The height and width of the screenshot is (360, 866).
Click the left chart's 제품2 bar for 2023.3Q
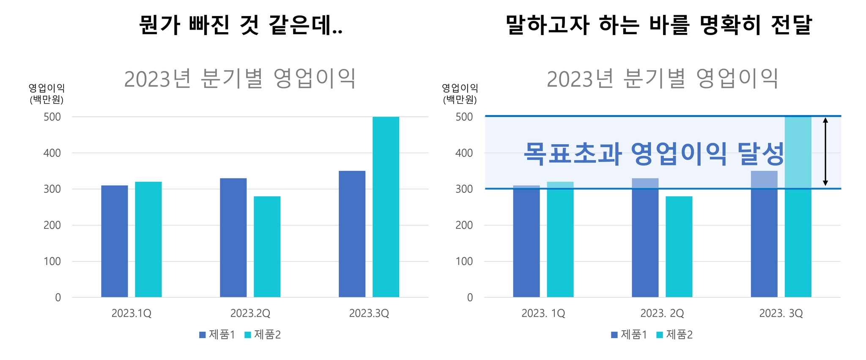pyautogui.click(x=386, y=207)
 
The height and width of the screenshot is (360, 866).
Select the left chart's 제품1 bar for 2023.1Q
pyautogui.click(x=115, y=241)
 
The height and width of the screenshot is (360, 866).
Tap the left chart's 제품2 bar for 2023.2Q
pyautogui.click(x=267, y=247)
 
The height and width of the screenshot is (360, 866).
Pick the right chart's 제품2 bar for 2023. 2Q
pyautogui.click(x=679, y=247)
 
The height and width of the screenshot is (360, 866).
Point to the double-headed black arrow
pyautogui.click(x=825, y=152)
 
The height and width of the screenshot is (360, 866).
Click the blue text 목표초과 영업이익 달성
pyautogui.click(x=654, y=153)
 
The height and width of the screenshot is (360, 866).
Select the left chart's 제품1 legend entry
pyautogui.click(x=217, y=335)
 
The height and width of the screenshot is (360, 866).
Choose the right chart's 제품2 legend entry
pyautogui.click(x=674, y=335)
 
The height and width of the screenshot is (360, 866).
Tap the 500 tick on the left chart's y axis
pyautogui.click(x=52, y=117)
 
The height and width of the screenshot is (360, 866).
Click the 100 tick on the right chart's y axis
pyautogui.click(x=464, y=261)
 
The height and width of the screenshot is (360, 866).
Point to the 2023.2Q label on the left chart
pyautogui.click(x=250, y=313)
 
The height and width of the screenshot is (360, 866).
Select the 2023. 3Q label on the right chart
pyautogui.click(x=781, y=313)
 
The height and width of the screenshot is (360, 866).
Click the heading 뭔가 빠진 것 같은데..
pyautogui.click(x=241, y=25)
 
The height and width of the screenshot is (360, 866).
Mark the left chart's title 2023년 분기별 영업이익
pyautogui.click(x=240, y=79)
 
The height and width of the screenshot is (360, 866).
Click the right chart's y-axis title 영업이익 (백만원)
pyautogui.click(x=460, y=93)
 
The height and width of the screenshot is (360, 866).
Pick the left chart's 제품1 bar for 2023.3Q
pyautogui.click(x=352, y=234)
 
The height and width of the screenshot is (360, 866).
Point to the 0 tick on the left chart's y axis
pyautogui.click(x=58, y=298)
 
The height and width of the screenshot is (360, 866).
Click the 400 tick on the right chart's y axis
pyautogui.click(x=464, y=153)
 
